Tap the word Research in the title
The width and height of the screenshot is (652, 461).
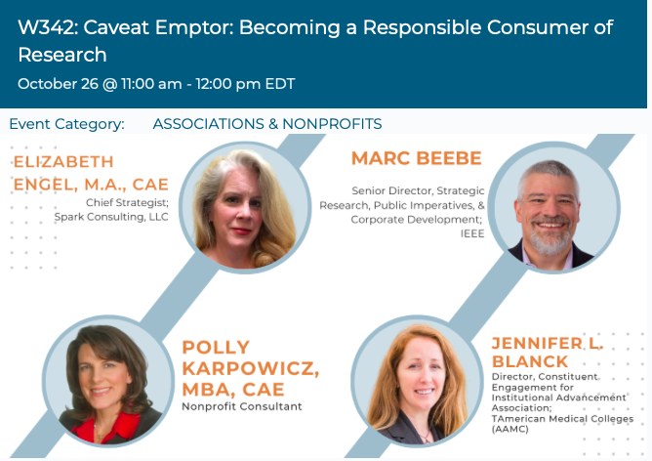(x=62, y=55)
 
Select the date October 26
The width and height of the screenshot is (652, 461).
(x=58, y=84)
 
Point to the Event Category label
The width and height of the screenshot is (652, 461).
(x=67, y=124)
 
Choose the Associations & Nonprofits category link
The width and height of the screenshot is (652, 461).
(x=267, y=124)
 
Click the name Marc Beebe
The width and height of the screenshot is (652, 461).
(x=417, y=158)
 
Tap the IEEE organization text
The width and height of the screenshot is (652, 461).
(x=472, y=233)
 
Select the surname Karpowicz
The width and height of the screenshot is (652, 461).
(x=250, y=368)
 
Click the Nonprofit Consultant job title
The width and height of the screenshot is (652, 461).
(x=242, y=406)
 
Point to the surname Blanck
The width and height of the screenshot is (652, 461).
(x=530, y=362)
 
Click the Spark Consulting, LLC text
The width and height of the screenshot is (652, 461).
(x=111, y=217)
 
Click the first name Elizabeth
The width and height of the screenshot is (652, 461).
(x=63, y=162)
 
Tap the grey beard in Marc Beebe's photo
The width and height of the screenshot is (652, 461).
(x=550, y=238)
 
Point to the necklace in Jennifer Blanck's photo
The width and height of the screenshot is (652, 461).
(x=425, y=435)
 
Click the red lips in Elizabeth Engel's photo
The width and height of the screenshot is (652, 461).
(x=241, y=231)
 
